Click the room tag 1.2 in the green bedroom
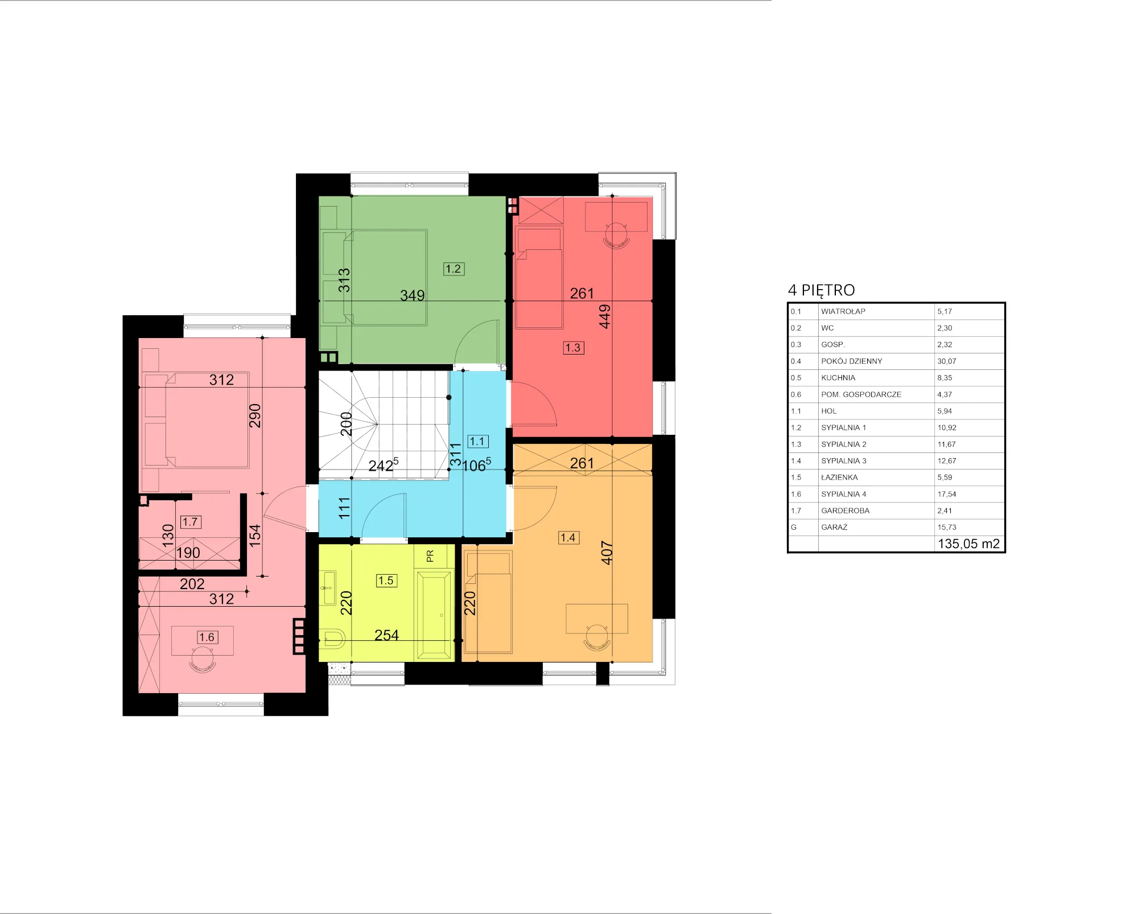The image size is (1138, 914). pos(453,269)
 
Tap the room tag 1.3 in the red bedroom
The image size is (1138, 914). pos(573,348)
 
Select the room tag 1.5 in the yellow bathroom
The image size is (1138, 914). pos(386,580)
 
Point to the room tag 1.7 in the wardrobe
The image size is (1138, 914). pos(190,522)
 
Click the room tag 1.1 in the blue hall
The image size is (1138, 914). pos(477,441)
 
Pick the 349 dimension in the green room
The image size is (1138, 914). pos(413,295)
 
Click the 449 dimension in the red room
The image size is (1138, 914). pos(605,316)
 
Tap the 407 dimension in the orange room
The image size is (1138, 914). pos(607,553)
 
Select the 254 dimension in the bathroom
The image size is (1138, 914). pos(387,635)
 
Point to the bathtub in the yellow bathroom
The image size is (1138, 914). pos(435,615)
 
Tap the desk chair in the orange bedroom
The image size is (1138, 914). pos(597,638)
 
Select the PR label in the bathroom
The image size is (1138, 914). pos(430,555)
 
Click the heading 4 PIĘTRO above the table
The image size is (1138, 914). pos(821,291)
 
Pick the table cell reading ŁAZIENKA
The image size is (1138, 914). pos(839,477)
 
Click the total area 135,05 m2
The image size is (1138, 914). pos(968,544)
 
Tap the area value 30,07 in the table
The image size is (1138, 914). pos(947,361)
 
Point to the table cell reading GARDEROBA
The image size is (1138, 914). pos(845,510)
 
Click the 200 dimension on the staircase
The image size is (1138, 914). pos(346,424)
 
